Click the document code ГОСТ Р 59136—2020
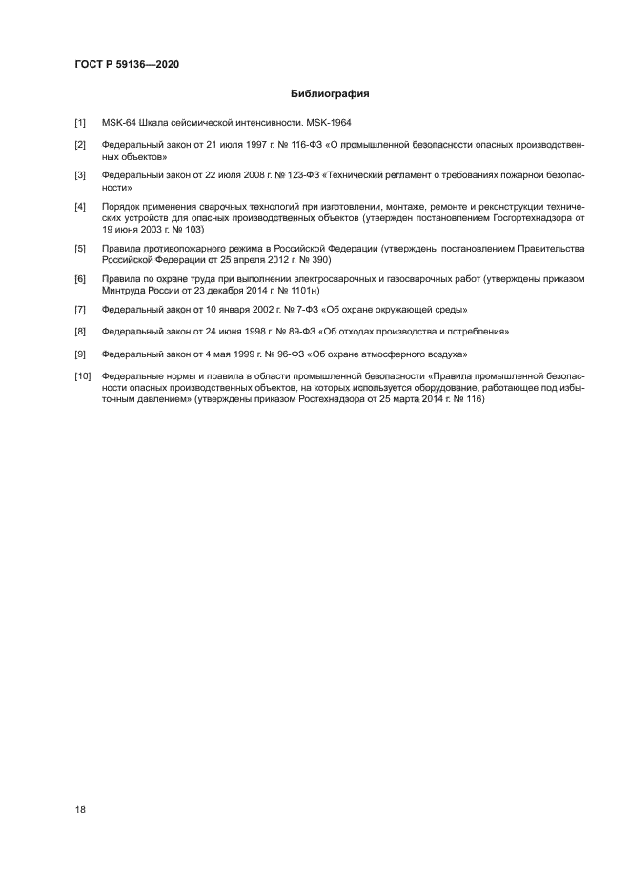click(127, 64)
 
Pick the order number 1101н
click(303, 291)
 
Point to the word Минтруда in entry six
click(125, 291)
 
